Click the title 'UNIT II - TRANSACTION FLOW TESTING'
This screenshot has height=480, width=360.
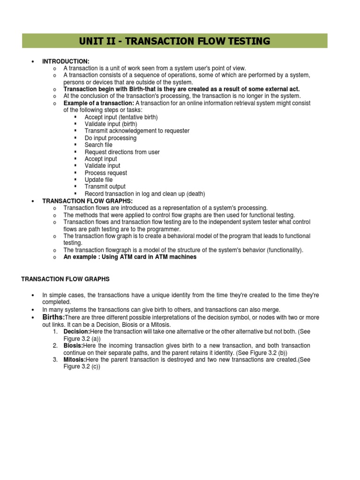tap(174, 41)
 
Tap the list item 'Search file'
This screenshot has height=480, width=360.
tap(98, 145)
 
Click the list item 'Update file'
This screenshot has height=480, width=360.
tap(98, 180)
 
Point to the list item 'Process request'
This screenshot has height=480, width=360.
tap(105, 173)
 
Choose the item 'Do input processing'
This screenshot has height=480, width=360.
tap(111, 138)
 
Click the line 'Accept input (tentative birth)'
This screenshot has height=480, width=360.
tap(121, 117)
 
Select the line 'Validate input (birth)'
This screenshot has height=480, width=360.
tap(112, 124)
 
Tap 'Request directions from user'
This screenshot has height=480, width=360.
tap(122, 152)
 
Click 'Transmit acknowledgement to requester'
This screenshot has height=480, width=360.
tap(137, 131)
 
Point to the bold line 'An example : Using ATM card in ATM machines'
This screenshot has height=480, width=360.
tap(130, 257)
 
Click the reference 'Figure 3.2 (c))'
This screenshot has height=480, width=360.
tap(82, 367)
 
